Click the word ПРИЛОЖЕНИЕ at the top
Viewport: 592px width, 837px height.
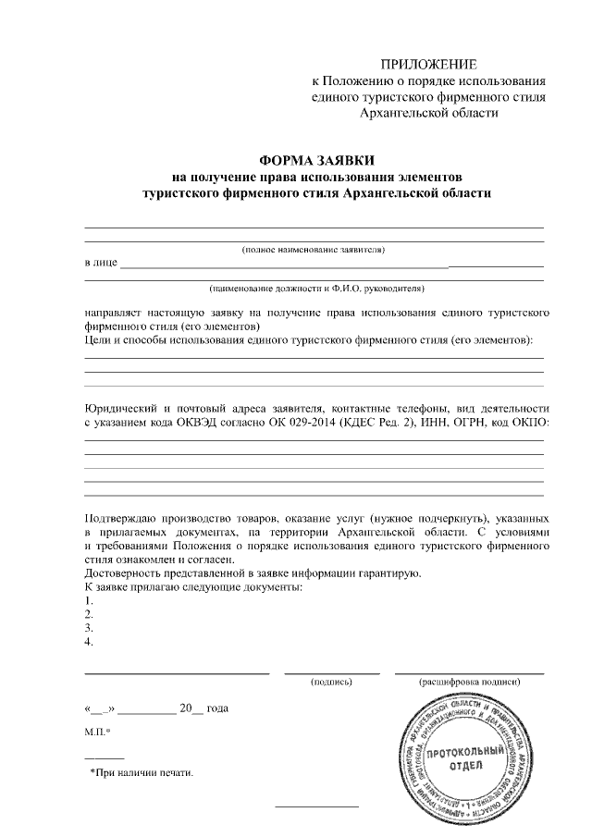[429, 65]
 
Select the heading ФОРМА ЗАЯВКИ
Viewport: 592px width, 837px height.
[314, 159]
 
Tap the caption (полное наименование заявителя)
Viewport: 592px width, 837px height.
[313, 250]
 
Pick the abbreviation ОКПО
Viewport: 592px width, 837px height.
[532, 423]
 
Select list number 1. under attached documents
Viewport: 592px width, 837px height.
[88, 600]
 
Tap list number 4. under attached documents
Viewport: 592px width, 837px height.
[88, 640]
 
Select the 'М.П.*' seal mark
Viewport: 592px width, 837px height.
[96, 732]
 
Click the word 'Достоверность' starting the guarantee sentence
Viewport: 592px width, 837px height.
[120, 573]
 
